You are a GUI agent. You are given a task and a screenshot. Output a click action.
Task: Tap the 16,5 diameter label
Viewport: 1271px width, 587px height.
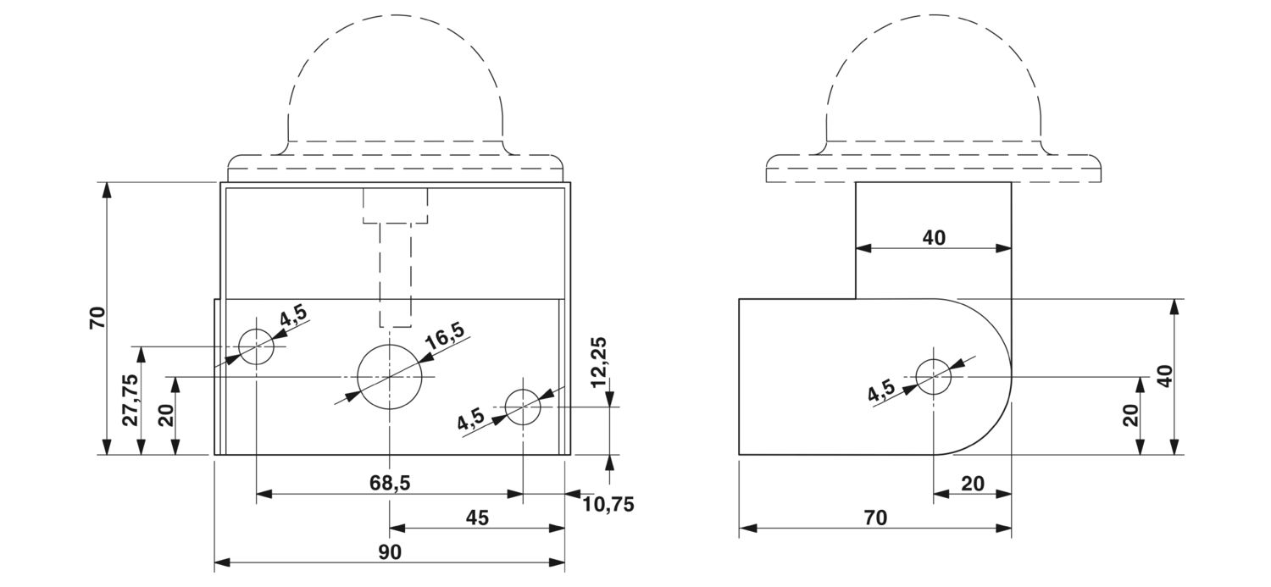click(444, 337)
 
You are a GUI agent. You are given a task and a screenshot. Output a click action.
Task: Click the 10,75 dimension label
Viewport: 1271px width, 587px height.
click(608, 505)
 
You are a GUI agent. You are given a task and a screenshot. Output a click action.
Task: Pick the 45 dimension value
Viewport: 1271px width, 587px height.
click(477, 517)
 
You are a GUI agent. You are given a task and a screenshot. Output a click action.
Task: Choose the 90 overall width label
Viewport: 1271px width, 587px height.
click(390, 551)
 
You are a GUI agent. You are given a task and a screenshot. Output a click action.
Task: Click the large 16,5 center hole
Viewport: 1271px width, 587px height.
click(389, 376)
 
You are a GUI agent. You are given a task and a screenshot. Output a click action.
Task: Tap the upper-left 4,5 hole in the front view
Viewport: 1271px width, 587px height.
click(256, 346)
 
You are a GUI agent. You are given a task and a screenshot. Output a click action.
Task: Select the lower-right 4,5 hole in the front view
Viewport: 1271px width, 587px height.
click(523, 407)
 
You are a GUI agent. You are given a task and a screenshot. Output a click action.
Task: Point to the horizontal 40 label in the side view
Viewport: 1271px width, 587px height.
click(933, 238)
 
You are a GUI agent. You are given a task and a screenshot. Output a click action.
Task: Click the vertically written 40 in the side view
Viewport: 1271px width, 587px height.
click(1165, 376)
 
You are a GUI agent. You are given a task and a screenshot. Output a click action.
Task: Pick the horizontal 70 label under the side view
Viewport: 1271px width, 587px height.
click(875, 518)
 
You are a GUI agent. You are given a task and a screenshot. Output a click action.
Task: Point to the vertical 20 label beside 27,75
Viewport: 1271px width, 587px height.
click(166, 415)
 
